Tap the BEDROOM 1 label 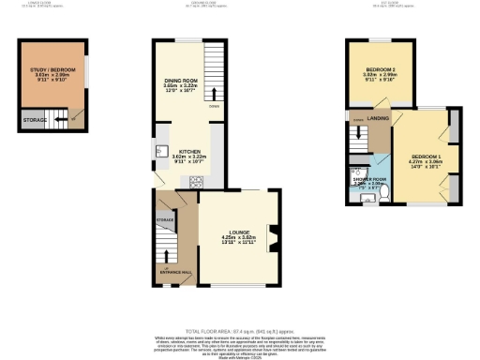pos(426,158)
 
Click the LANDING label pos(379,119)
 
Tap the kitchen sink pos(157,151)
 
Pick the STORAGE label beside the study pos(35,120)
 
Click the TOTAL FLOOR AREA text pos(240,332)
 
